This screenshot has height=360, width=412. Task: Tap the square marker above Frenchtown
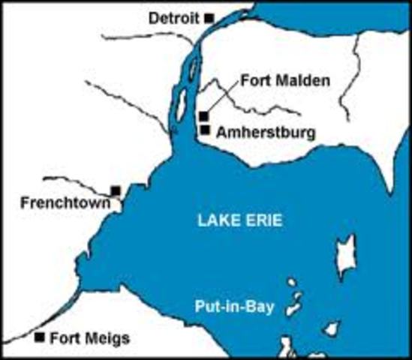pyautogui.click(x=116, y=190)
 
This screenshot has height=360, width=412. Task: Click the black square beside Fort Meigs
pyautogui.click(x=40, y=337)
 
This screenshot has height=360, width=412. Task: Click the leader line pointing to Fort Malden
pyautogui.click(x=223, y=96)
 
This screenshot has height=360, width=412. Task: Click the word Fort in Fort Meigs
pyautogui.click(x=63, y=337)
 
